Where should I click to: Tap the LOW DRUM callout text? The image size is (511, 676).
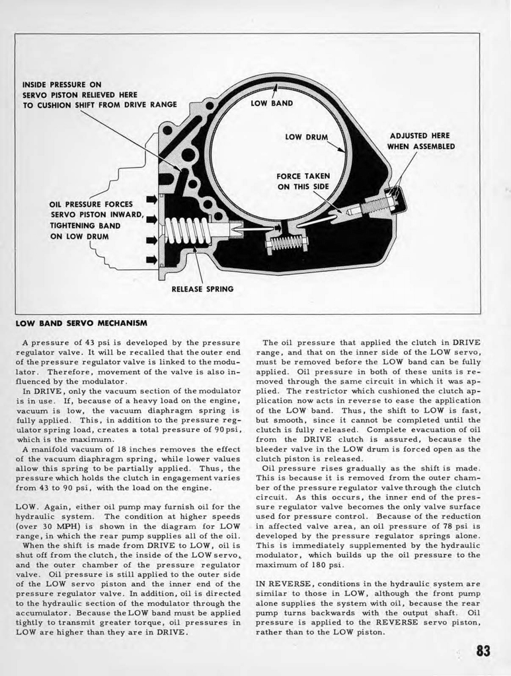point(306,137)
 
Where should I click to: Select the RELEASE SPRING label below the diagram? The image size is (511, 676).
point(202,288)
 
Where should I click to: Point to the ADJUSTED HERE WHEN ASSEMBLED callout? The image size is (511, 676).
point(420,141)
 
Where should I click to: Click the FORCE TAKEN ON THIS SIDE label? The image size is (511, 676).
point(303,181)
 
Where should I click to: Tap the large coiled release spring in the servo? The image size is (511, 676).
point(187,232)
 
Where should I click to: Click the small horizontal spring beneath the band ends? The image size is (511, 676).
point(286,243)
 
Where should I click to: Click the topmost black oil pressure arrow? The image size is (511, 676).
point(151,199)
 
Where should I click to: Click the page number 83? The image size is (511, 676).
point(483,651)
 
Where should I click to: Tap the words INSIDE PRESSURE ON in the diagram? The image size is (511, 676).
point(61,84)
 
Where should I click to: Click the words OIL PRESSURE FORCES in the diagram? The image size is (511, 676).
point(91,204)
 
